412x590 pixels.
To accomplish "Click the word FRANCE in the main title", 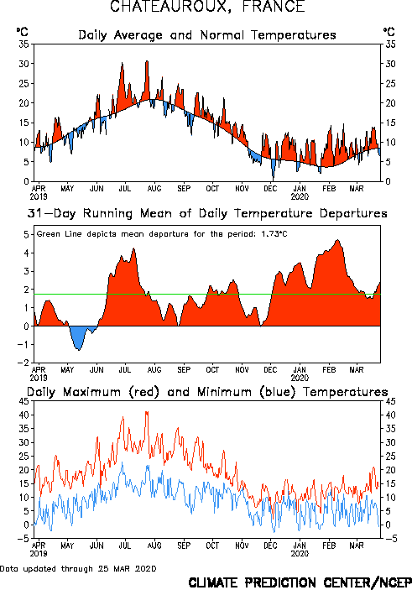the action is tap(274, 7).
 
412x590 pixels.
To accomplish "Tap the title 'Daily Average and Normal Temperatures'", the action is tap(207, 35).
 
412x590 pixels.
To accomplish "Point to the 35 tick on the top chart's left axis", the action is tap(24, 44).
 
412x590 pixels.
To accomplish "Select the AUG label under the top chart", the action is tap(154, 188).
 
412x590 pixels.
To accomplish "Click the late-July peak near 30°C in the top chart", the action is tap(147, 61).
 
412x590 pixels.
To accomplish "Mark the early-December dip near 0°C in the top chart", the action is tap(274, 178).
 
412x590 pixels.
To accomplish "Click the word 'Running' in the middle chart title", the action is tap(107, 213).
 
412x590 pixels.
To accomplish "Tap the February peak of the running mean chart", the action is tap(337, 240).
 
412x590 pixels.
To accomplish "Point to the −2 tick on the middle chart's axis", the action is tap(24, 363).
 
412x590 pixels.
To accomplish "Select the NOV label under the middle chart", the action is tap(242, 369).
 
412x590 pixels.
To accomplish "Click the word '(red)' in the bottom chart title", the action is tap(144, 392).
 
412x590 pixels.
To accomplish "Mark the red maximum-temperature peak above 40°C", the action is tap(147, 412).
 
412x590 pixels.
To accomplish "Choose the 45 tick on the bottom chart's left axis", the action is tap(24, 401).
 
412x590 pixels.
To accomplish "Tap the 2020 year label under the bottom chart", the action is tap(300, 554).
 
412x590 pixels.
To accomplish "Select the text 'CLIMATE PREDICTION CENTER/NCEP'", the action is tap(300, 582).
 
